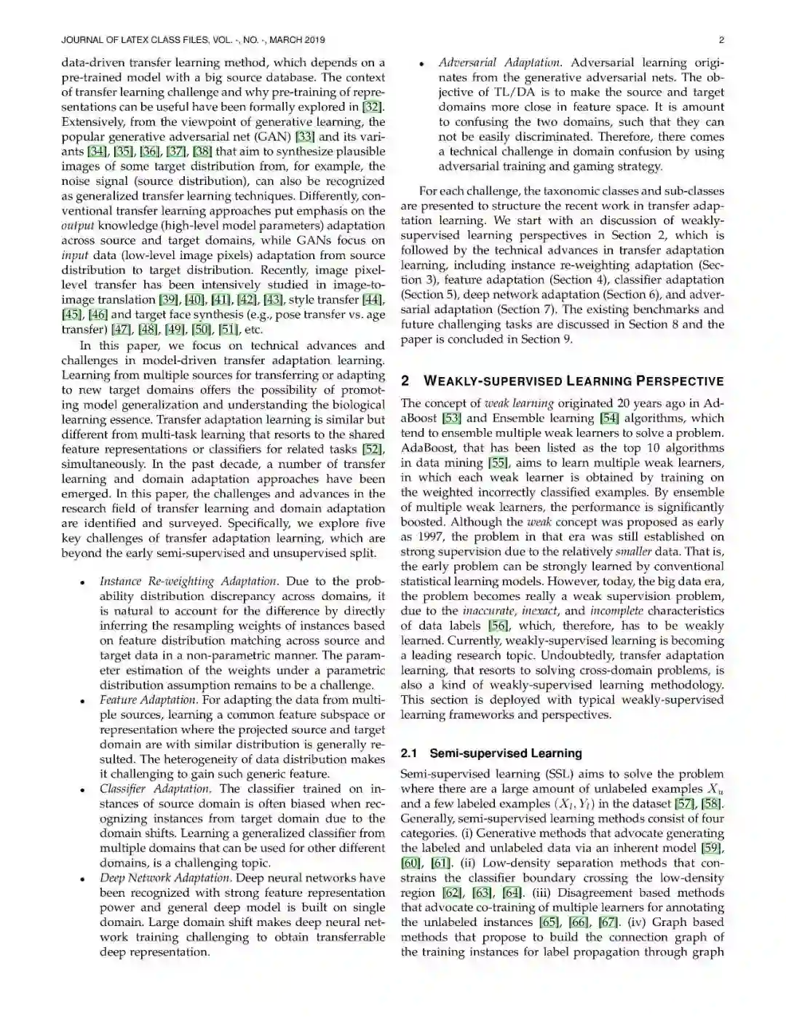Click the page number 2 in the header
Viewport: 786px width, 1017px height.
click(720, 40)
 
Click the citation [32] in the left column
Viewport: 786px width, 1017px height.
click(373, 107)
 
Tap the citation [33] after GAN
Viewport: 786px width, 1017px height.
click(305, 137)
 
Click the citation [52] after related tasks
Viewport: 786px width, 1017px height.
click(373, 449)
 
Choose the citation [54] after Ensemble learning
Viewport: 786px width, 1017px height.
click(608, 419)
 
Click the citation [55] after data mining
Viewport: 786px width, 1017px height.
click(499, 463)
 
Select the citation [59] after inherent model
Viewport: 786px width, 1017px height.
click(712, 848)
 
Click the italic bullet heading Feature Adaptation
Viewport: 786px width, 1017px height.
click(148, 700)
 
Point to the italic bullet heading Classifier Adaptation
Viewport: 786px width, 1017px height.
click(155, 789)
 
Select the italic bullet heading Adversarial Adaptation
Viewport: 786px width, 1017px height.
click(499, 63)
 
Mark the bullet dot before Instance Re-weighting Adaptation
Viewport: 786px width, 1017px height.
click(84, 583)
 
